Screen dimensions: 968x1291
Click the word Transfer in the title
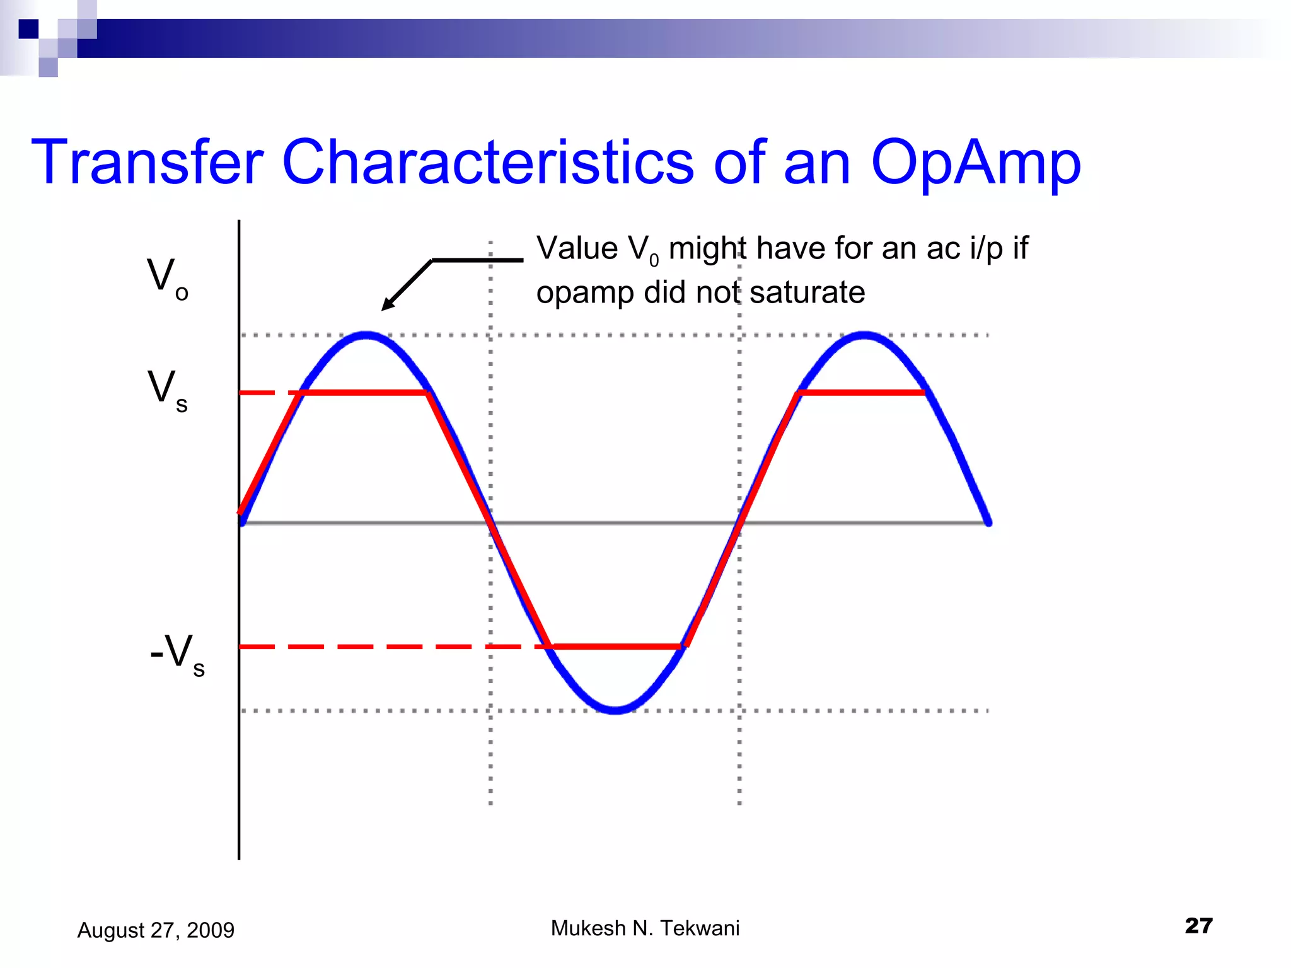point(147,163)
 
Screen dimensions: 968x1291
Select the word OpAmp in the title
point(975,163)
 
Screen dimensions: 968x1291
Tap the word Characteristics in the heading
point(488,163)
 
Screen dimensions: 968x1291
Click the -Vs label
point(177,654)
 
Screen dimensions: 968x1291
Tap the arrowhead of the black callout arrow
point(386,306)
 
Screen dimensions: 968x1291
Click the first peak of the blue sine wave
point(366,335)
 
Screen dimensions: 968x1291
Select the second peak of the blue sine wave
point(864,335)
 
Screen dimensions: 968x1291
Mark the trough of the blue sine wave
point(615,710)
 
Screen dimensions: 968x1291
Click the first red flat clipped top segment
point(366,393)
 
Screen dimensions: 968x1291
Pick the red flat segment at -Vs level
point(616,647)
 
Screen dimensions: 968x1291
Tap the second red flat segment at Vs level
point(861,393)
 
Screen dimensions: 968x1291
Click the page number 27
point(1198,925)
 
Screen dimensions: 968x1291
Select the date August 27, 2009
point(156,930)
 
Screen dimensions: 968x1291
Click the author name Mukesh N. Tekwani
point(645,928)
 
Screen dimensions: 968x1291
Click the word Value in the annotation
point(577,248)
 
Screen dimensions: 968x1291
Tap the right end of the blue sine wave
point(988,521)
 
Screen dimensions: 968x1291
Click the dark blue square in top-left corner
point(28,28)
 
